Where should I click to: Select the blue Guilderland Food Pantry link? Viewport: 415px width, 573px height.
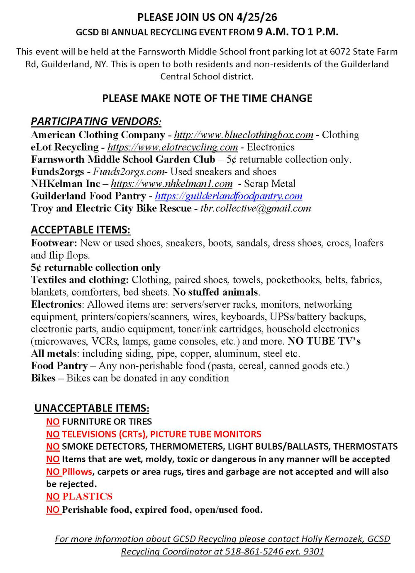click(228, 196)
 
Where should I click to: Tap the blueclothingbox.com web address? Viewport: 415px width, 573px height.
click(244, 135)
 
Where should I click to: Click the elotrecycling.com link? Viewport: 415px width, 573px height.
click(172, 147)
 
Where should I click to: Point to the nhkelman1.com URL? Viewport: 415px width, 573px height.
click(171, 184)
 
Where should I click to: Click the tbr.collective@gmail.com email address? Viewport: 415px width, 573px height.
click(255, 208)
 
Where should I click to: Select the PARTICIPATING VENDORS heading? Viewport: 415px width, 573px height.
click(95, 121)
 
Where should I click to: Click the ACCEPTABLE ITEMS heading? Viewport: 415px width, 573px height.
click(81, 230)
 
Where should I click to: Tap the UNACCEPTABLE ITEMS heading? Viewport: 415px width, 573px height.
click(92, 408)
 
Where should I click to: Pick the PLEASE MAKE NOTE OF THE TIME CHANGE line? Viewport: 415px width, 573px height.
click(207, 98)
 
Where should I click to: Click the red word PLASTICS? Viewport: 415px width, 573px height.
click(87, 497)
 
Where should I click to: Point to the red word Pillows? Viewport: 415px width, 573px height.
click(77, 472)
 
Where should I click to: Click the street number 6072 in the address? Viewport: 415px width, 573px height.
click(340, 52)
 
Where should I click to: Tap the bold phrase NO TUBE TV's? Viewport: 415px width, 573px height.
click(324, 341)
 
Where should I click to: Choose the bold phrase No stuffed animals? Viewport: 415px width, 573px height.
click(215, 292)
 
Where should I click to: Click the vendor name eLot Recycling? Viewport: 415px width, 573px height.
click(65, 147)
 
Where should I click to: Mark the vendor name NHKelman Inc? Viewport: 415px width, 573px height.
click(66, 184)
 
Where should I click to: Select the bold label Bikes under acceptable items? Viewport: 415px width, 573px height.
click(43, 378)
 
